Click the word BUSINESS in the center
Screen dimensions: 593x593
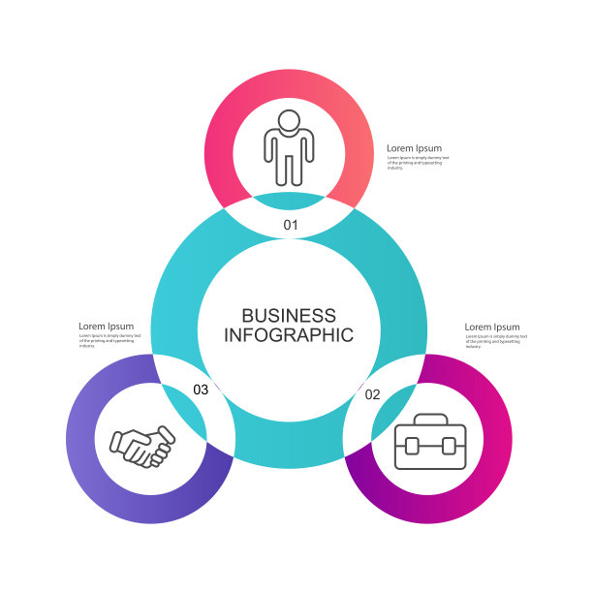[289, 316]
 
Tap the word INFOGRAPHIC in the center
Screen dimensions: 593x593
[289, 335]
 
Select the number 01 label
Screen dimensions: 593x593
[291, 225]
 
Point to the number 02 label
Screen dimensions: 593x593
[372, 394]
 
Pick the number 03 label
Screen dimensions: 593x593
[201, 390]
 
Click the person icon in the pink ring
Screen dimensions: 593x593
[289, 147]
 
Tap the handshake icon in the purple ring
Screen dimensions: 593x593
[141, 446]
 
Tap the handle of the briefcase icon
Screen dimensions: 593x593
[430, 420]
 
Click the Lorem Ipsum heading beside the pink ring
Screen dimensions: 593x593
[414, 148]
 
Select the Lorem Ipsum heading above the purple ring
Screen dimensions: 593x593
[106, 327]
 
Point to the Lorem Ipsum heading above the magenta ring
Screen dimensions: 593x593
[491, 328]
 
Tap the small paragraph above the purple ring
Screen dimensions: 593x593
[109, 340]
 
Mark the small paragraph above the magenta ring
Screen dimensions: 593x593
[495, 341]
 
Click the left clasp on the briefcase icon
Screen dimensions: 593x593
[411, 447]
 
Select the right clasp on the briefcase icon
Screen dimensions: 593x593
[449, 447]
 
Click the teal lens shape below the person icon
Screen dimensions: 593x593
[289, 201]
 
